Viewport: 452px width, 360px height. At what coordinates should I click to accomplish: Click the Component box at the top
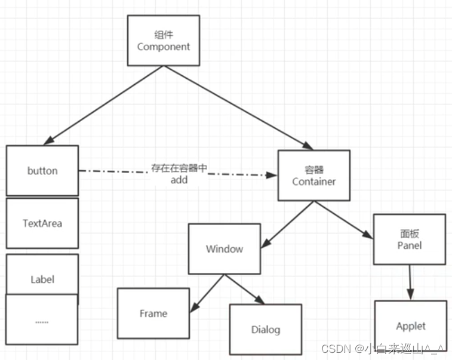pyautogui.click(x=163, y=40)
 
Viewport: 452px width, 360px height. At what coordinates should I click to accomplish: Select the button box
pyautogui.click(x=42, y=170)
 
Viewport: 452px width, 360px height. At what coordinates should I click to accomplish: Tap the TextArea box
pyautogui.click(x=42, y=223)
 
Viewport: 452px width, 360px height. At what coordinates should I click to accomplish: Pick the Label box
pyautogui.click(x=42, y=278)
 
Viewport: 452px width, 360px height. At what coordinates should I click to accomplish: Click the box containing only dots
pyautogui.click(x=42, y=321)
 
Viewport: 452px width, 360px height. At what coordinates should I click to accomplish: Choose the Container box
pyautogui.click(x=314, y=176)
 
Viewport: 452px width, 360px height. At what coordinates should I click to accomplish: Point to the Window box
pyautogui.click(x=225, y=248)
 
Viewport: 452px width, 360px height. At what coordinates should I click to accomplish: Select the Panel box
pyautogui.click(x=409, y=239)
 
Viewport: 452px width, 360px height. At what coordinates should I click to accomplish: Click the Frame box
pyautogui.click(x=153, y=313)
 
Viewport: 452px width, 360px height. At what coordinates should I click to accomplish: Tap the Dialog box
pyautogui.click(x=265, y=329)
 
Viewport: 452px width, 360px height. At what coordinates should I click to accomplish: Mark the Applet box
pyautogui.click(x=411, y=325)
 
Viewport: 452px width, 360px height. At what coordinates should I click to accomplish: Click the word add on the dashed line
pyautogui.click(x=179, y=179)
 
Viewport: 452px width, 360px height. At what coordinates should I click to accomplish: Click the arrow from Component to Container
pyautogui.click(x=239, y=107)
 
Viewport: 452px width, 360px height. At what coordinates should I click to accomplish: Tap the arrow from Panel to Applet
pyautogui.click(x=410, y=282)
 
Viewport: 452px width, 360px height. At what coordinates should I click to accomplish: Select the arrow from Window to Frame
pyautogui.click(x=207, y=293)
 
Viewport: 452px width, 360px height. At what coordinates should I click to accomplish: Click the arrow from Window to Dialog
pyautogui.click(x=244, y=290)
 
